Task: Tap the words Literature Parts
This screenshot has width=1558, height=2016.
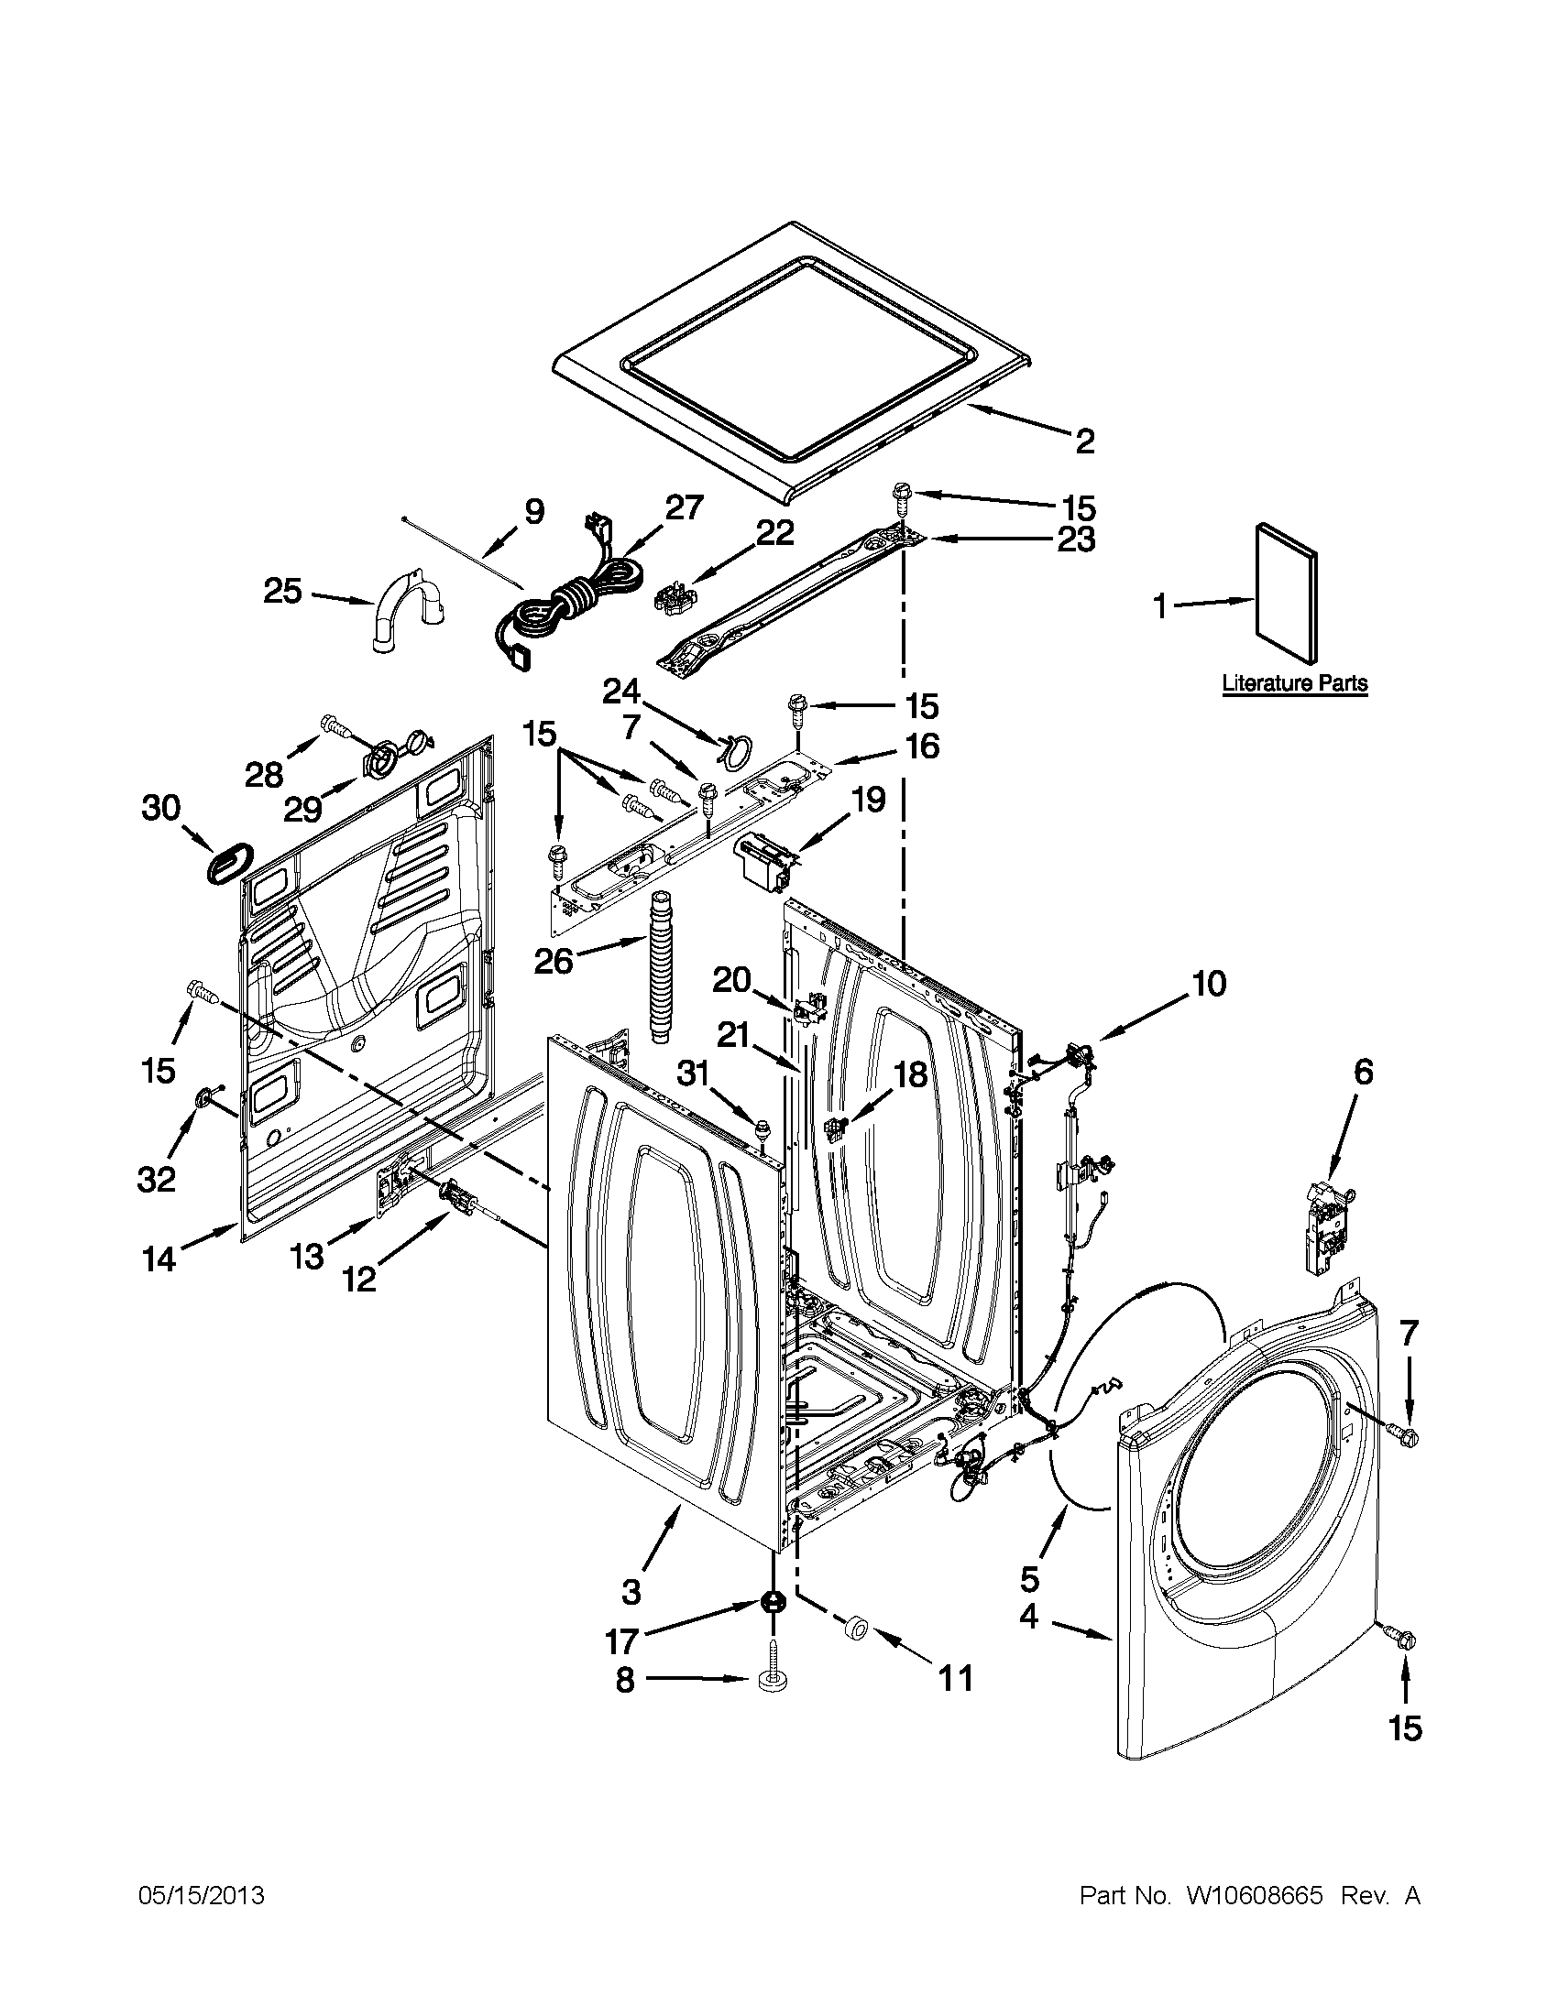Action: [1295, 684]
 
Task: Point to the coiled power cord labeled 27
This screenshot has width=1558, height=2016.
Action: [554, 600]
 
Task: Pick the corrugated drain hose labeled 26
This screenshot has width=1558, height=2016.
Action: [662, 964]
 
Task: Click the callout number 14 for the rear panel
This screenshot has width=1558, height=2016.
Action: [158, 1259]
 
